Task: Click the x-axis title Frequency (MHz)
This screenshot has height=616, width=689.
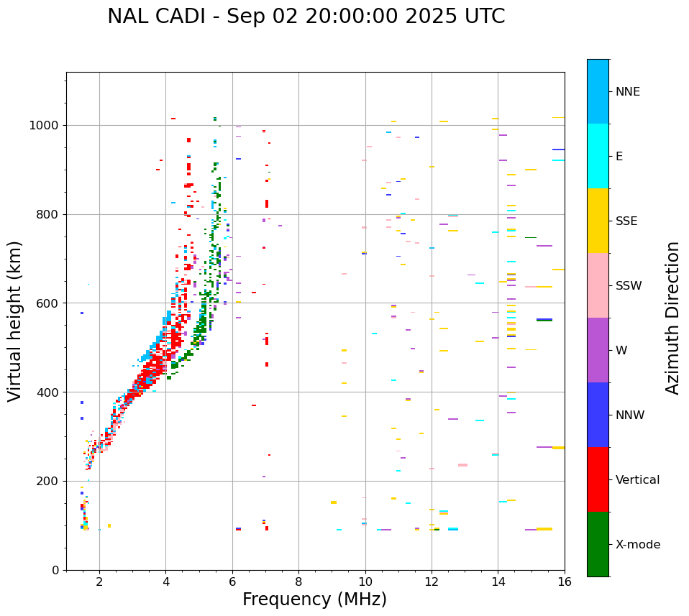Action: (314, 599)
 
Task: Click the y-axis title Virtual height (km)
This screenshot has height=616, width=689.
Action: (15, 321)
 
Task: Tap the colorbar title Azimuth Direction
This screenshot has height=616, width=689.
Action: (672, 318)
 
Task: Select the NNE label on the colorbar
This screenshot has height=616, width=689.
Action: (627, 92)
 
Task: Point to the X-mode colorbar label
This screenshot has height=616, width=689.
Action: (637, 545)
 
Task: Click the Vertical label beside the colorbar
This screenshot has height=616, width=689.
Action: (637, 480)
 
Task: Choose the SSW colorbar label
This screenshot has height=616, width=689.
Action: (629, 286)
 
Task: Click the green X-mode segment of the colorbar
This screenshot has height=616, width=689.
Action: (598, 544)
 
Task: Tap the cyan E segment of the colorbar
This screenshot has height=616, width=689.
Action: (598, 156)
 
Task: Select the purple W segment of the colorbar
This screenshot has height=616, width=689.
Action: (598, 350)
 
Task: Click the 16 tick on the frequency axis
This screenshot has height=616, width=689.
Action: (565, 581)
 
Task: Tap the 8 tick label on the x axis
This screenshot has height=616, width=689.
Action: (298, 581)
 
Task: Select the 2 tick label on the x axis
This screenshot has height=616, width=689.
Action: (99, 581)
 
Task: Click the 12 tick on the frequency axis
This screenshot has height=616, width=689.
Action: (432, 581)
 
